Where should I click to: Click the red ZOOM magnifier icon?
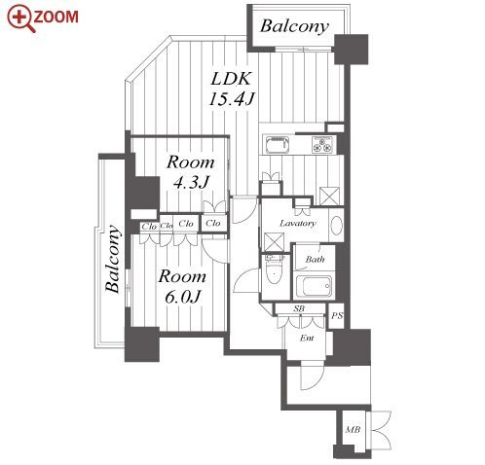click(x=21, y=18)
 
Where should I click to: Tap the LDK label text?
click(x=231, y=79)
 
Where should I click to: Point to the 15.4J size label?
click(x=231, y=98)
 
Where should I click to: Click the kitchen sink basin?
click(x=278, y=145)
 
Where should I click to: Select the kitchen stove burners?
click(x=322, y=144)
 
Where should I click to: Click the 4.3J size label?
click(x=191, y=183)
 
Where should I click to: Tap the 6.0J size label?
click(x=182, y=297)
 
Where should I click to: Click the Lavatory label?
click(x=297, y=224)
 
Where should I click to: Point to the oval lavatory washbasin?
click(x=336, y=225)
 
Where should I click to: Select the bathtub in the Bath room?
click(x=315, y=287)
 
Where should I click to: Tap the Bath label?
click(x=315, y=259)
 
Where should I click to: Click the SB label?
click(x=299, y=308)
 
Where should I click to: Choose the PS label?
click(x=337, y=315)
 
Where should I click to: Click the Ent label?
click(x=307, y=338)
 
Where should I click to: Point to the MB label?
click(x=353, y=430)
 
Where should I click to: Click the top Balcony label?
click(x=294, y=26)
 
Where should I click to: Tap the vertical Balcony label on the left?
click(x=113, y=259)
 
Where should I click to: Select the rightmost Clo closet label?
click(x=213, y=223)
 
